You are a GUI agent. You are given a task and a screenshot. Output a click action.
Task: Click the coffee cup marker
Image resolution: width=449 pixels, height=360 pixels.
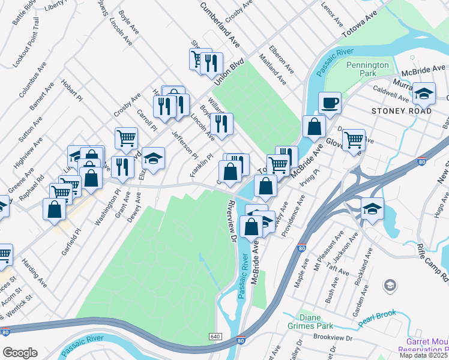(x=329, y=103)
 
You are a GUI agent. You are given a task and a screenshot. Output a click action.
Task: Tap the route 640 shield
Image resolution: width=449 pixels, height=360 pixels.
(x=215, y=336)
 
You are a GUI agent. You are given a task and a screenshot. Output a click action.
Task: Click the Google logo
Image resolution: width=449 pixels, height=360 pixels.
(x=20, y=353)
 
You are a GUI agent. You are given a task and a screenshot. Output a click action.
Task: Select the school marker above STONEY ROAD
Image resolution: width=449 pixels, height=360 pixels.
(x=424, y=93)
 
